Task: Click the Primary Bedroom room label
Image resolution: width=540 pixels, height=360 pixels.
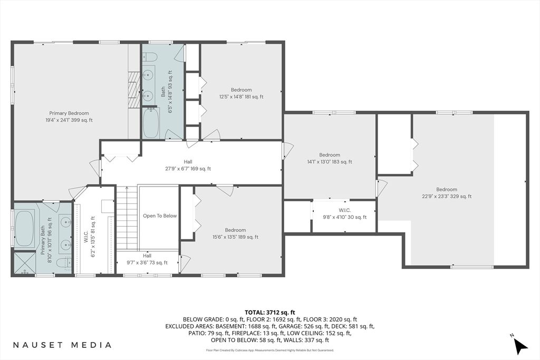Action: tap(69, 116)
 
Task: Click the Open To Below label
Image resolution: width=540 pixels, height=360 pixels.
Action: tap(160, 216)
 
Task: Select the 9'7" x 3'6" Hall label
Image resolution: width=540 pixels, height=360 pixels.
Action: tap(147, 259)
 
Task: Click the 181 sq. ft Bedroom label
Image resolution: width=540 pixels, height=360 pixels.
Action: tap(242, 93)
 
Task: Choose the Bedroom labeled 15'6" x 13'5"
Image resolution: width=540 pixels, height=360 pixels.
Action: tap(235, 233)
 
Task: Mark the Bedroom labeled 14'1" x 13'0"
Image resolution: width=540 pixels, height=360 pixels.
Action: tap(330, 159)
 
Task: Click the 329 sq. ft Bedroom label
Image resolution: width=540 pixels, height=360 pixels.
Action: tap(446, 193)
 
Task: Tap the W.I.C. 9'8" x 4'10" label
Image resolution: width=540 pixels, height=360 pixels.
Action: tap(344, 213)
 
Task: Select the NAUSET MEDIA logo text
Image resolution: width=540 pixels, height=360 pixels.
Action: tap(62, 345)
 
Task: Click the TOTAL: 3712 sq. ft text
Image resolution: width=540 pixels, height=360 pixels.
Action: tap(269, 312)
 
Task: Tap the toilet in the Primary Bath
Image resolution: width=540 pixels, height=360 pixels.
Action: tap(61, 262)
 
